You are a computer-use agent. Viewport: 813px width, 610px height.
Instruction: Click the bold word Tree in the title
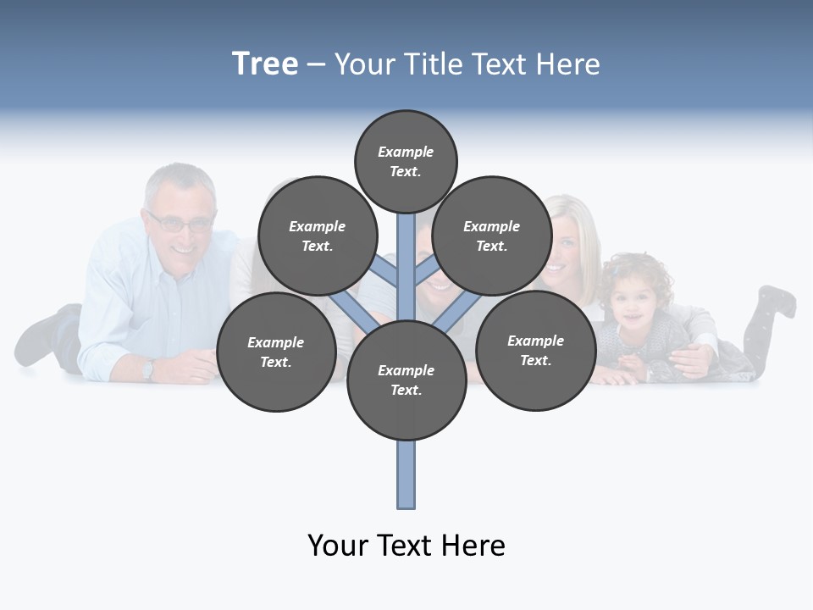click(265, 64)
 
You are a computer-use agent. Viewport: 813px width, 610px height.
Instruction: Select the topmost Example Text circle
click(406, 161)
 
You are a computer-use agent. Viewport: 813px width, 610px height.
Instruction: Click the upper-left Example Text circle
click(317, 236)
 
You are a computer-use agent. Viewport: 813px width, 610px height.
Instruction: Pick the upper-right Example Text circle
click(492, 236)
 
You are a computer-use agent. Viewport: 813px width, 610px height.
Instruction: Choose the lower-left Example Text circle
click(276, 352)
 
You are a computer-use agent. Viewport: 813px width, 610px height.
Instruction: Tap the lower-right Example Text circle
click(535, 350)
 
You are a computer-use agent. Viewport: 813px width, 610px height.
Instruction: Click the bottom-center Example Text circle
click(406, 380)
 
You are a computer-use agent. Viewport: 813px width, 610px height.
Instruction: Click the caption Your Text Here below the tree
click(406, 545)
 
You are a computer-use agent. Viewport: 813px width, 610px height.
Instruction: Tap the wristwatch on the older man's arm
click(148, 369)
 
